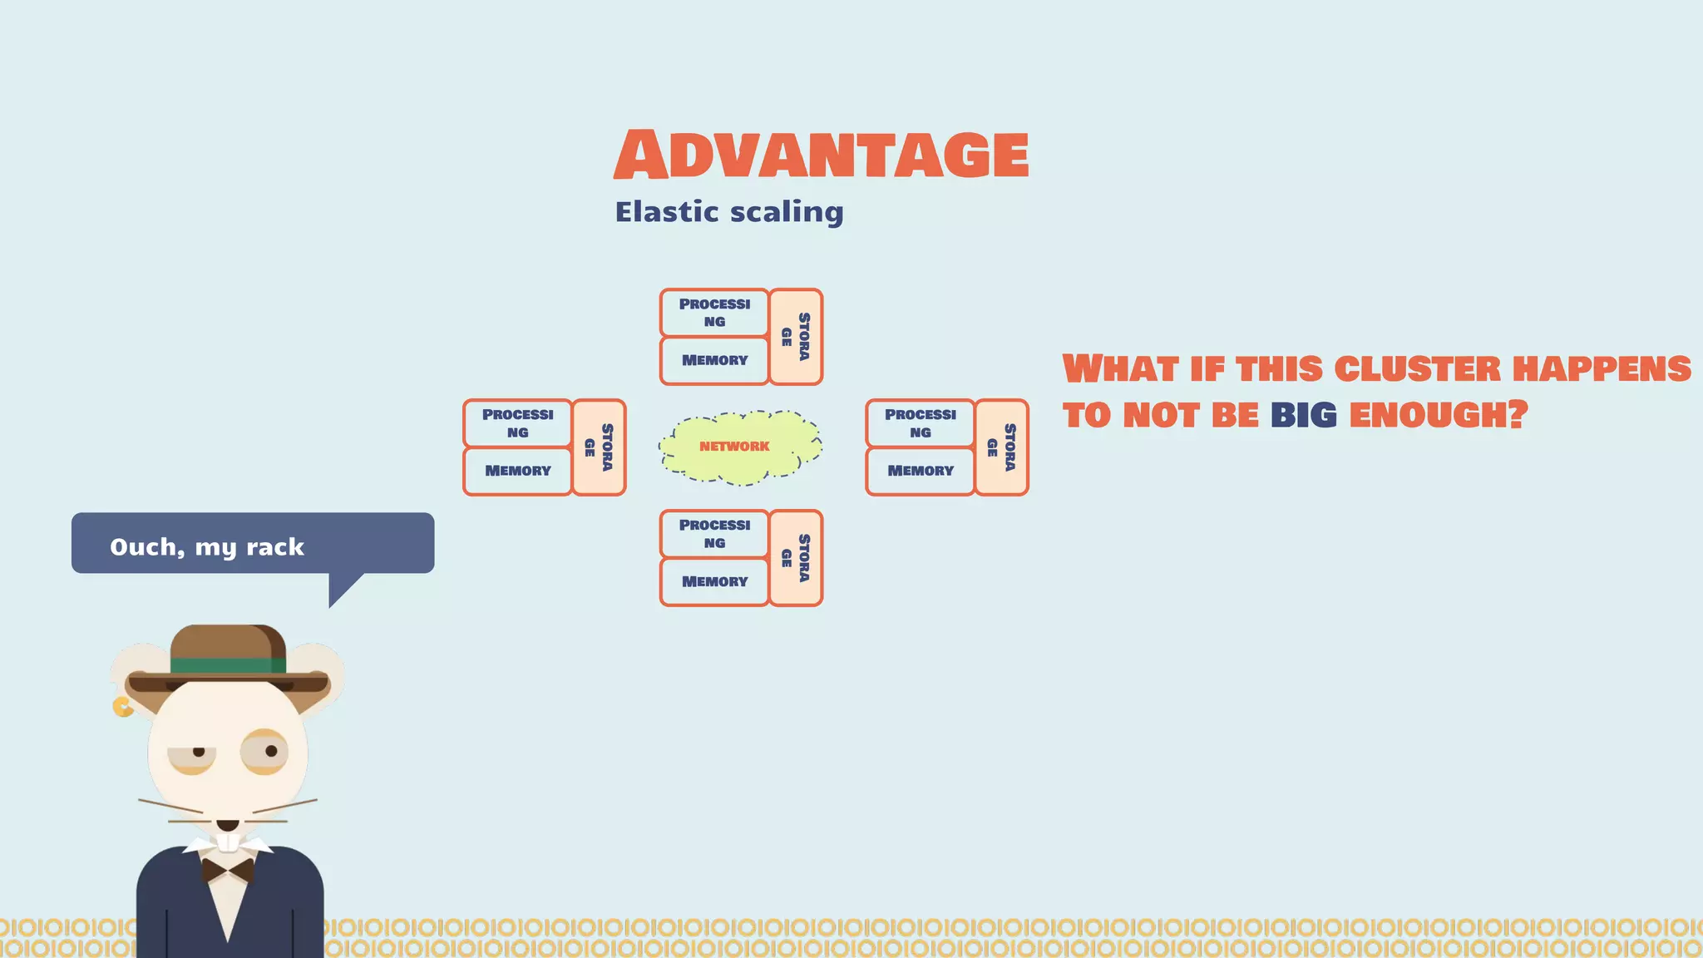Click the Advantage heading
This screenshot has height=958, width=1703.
822,155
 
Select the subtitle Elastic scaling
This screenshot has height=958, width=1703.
728,212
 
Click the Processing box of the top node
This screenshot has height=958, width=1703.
713,313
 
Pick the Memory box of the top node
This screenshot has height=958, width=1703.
713,360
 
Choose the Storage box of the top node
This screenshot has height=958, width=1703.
796,337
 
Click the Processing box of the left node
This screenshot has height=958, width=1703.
517,423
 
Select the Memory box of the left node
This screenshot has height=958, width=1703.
517,471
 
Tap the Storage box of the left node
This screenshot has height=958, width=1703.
599,447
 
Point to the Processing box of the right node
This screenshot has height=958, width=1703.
920,423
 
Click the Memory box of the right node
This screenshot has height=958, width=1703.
920,471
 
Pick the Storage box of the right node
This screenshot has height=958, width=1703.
1001,447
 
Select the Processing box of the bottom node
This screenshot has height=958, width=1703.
713,534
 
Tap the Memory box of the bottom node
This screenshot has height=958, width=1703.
713,581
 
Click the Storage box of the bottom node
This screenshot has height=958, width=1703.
796,558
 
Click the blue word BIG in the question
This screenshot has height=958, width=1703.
1303,415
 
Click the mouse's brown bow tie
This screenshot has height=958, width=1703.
228,871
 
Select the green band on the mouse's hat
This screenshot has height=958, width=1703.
228,665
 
